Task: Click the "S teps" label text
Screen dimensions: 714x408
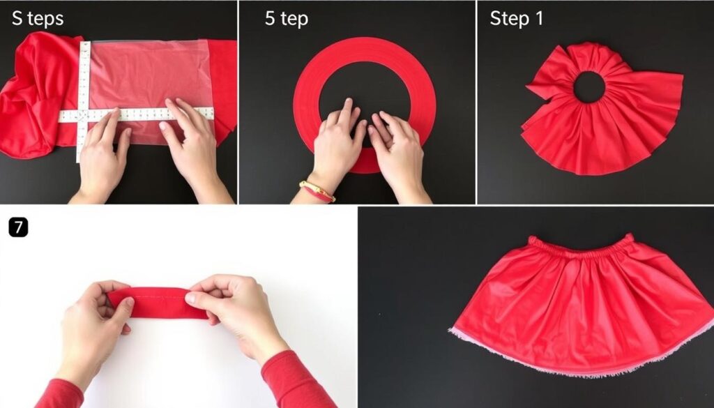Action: [38, 19]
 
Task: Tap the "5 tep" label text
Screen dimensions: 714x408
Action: [287, 19]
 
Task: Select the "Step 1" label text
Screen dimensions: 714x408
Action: [517, 18]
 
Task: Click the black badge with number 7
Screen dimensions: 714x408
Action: [18, 227]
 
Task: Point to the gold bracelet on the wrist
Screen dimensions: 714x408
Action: [317, 191]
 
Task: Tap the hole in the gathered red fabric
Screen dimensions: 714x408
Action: [588, 86]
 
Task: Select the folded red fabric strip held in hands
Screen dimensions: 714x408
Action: [157, 303]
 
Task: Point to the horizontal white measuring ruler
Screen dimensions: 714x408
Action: [136, 114]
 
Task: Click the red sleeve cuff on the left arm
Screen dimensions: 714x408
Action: [59, 394]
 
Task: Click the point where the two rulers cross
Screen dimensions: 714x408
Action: [83, 115]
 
